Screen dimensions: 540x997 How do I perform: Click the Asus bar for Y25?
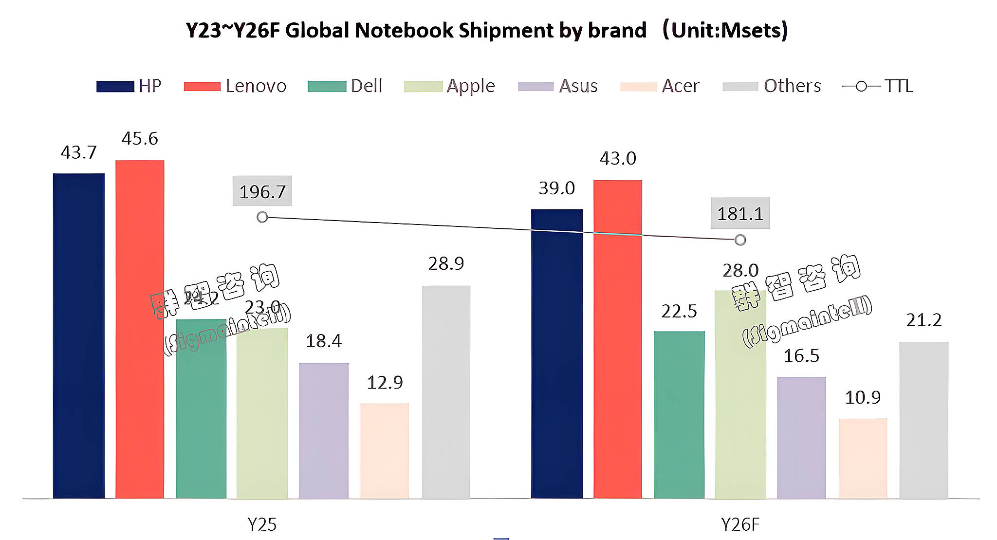tap(324, 430)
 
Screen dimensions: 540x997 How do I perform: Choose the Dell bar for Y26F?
tap(679, 414)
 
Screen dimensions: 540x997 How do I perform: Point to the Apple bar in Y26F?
tap(740, 394)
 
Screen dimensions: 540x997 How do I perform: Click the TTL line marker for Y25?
tap(262, 217)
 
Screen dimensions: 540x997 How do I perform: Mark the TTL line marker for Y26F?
tap(740, 240)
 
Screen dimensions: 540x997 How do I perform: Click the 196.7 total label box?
tap(262, 191)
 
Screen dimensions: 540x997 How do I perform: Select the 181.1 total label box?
tap(740, 213)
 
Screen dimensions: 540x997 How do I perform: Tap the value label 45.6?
tap(140, 139)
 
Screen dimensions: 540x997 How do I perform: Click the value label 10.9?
tap(863, 398)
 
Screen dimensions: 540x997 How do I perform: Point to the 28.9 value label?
tap(446, 264)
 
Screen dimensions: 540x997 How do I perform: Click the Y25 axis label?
tap(262, 524)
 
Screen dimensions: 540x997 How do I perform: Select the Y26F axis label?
tap(740, 524)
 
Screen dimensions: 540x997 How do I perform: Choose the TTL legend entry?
tap(878, 86)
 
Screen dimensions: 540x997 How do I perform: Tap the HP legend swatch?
tap(115, 87)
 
